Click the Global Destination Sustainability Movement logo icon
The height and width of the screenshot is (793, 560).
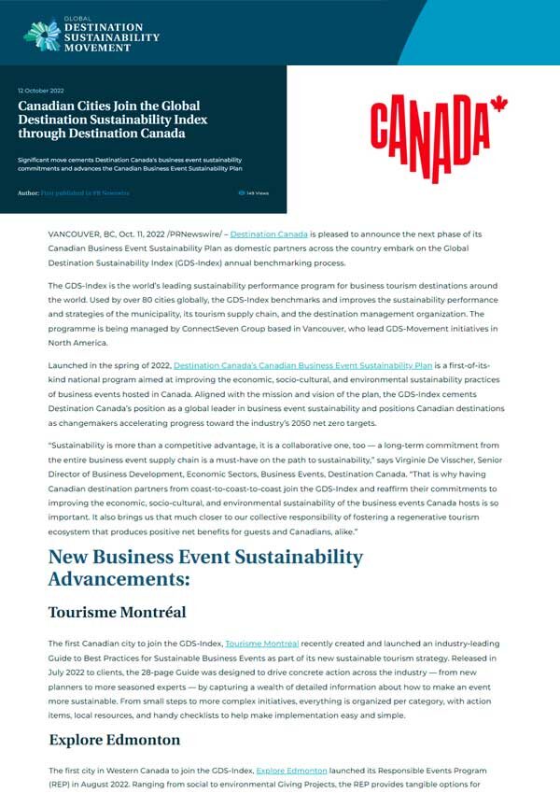click(42, 34)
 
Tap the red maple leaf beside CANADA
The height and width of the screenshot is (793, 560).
click(497, 105)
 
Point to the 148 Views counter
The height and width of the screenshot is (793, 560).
click(254, 193)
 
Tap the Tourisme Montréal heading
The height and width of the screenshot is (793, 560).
click(118, 612)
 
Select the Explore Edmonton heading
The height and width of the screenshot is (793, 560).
click(115, 740)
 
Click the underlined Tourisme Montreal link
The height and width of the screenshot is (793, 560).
click(262, 644)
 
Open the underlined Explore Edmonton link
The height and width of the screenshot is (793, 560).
click(291, 771)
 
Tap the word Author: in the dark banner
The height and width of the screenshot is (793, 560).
click(28, 193)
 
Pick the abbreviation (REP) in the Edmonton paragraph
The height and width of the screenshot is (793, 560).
click(62, 786)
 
